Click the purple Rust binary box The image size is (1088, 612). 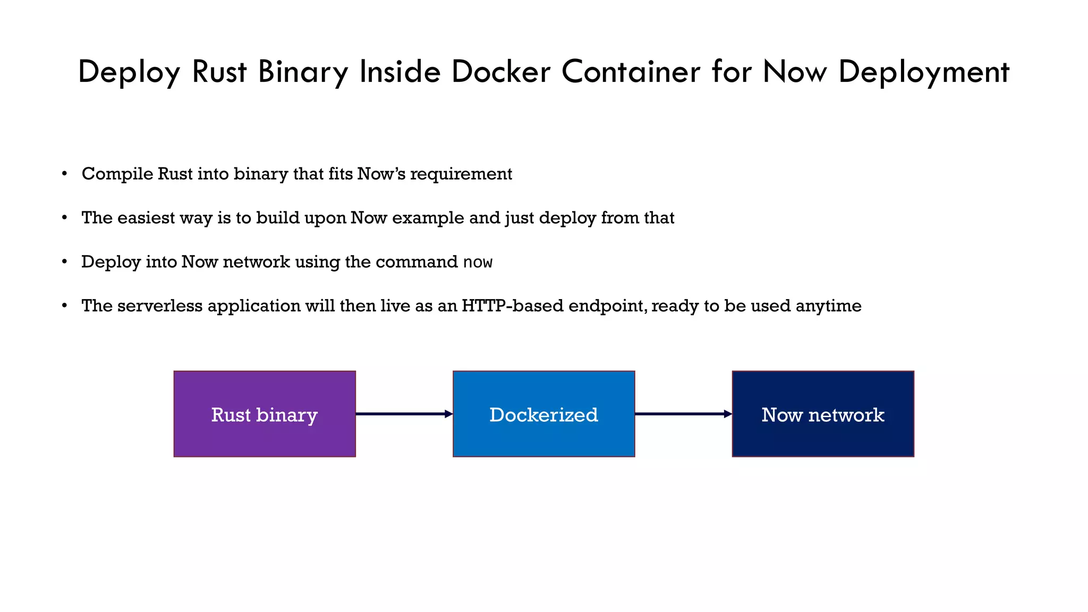point(265,414)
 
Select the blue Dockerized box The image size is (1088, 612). point(543,414)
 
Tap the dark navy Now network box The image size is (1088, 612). point(823,414)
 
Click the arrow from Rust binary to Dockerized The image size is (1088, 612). point(404,414)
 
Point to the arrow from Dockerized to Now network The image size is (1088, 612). point(683,414)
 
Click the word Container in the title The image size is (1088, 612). point(631,72)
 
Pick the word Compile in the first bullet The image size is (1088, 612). point(117,174)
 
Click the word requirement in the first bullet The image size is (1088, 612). point(461,174)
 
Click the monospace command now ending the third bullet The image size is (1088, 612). point(478,262)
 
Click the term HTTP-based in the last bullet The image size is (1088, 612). point(512,306)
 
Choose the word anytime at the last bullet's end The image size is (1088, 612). point(829,306)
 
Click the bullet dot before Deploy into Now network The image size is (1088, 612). point(64,262)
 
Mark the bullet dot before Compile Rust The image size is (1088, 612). point(64,174)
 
